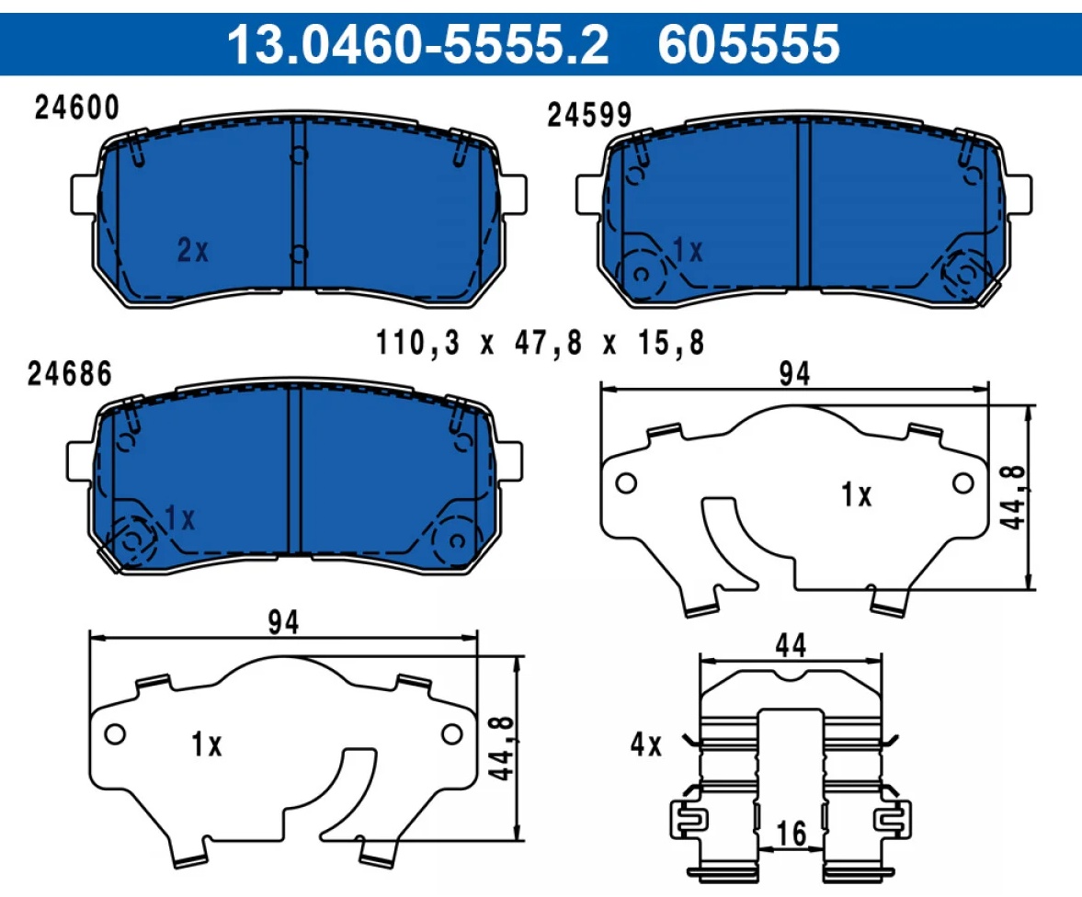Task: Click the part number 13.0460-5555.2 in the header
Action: point(418,44)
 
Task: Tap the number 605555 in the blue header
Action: point(748,44)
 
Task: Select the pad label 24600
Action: point(76,108)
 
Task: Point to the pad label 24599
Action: point(589,115)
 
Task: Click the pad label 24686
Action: point(70,374)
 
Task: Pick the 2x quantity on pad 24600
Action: point(192,250)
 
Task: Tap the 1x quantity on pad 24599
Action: point(688,251)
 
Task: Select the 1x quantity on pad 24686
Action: point(180,518)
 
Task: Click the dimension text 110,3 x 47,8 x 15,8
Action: point(540,343)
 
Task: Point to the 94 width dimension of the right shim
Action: point(794,374)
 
